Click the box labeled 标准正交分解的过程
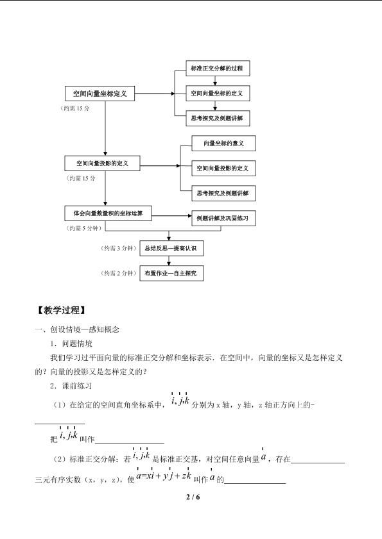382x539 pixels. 218,68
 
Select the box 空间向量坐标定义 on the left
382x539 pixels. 100,94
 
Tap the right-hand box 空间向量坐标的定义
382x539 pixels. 218,93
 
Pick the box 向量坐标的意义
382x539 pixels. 223,144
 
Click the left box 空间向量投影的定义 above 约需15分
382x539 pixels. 102,163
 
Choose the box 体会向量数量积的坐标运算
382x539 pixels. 108,213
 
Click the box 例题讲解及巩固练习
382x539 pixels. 223,218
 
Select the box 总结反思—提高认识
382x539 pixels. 171,248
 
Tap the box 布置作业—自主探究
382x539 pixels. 171,273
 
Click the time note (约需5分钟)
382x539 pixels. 83,228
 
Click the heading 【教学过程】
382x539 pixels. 61,310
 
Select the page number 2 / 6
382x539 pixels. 193,497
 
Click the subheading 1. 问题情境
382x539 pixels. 71,344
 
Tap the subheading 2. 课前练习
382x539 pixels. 71,386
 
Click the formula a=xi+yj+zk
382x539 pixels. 164,475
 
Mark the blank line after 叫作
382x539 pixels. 130,444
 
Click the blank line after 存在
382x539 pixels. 318,463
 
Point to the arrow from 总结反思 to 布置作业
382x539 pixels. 169,261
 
